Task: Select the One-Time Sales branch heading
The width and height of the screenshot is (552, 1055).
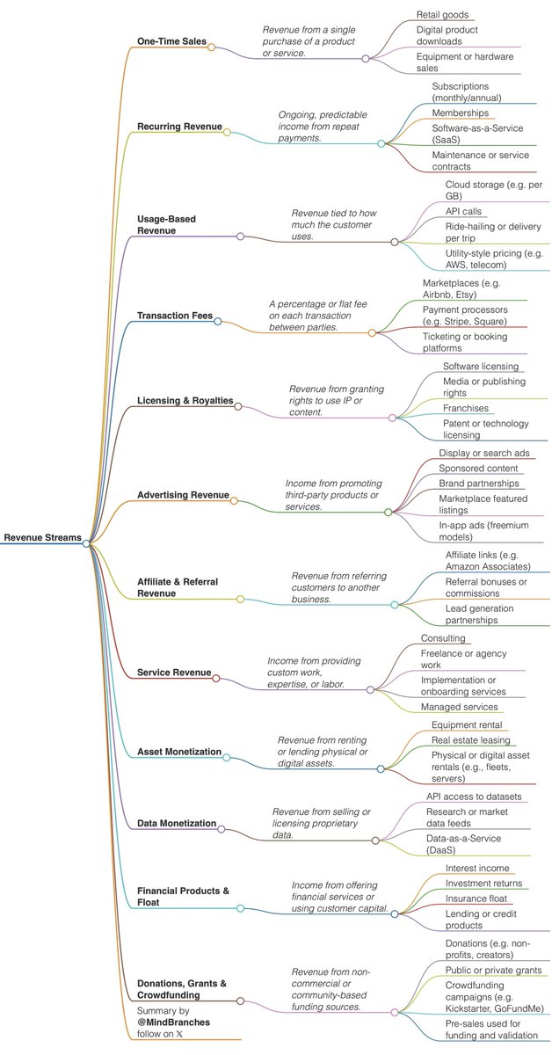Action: [171, 41]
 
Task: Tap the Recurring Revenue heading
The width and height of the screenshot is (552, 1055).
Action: [179, 127]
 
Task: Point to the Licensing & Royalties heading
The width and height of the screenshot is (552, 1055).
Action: [185, 400]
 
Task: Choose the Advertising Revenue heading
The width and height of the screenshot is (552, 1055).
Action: [183, 495]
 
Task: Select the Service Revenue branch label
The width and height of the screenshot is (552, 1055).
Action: [174, 673]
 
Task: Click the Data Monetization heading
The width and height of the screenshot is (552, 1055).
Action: [177, 823]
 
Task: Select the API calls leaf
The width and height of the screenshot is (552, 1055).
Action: [466, 211]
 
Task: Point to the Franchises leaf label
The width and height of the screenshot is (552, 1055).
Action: [466, 408]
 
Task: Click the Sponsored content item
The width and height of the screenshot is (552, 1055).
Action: [479, 469]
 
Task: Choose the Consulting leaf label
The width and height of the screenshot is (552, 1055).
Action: [443, 637]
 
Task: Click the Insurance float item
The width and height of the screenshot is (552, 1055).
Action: [476, 898]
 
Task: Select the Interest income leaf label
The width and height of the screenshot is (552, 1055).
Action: [477, 868]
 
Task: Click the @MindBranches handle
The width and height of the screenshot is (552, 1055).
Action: [174, 1022]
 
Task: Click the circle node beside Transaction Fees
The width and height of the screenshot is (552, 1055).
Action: [218, 322]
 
